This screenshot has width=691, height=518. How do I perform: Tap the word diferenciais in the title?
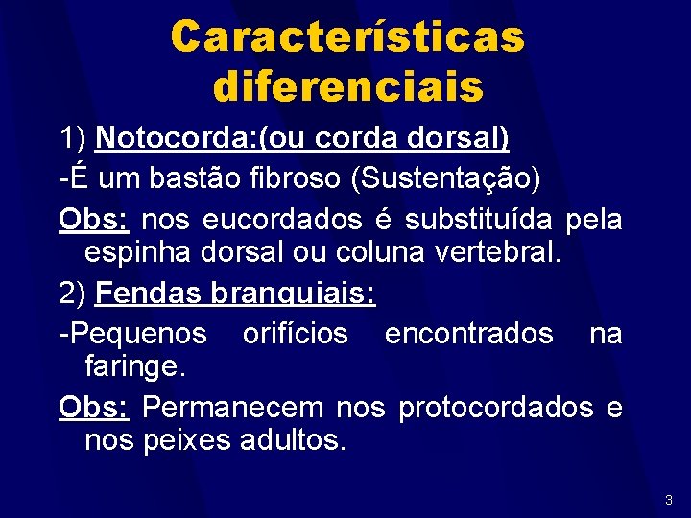[347, 87]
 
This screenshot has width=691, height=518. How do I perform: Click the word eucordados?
[284, 220]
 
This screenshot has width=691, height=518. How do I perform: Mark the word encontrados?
[468, 333]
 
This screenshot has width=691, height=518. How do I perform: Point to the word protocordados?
[496, 407]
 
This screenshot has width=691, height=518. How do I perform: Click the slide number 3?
[668, 500]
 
